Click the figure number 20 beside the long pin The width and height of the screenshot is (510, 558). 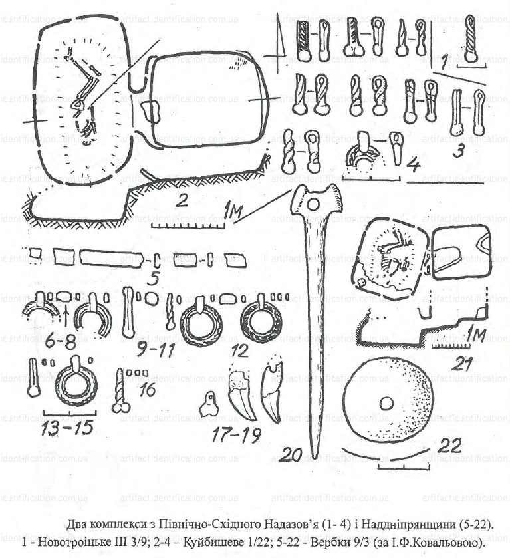click(x=291, y=454)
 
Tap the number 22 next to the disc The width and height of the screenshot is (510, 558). click(x=449, y=446)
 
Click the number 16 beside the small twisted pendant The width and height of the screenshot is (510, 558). click(x=147, y=389)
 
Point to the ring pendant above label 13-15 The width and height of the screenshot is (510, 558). click(x=76, y=385)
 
